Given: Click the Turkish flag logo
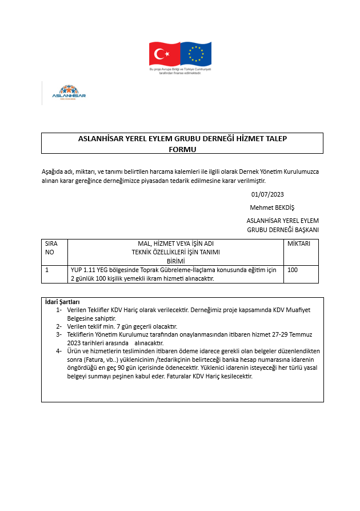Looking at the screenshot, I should (165, 54).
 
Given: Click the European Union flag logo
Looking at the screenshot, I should (196, 54).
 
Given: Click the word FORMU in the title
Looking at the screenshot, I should (182, 149).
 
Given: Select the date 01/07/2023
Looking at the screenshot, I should (267, 195).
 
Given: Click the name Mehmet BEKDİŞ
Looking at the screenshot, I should (272, 207).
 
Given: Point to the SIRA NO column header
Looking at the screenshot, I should (51, 247).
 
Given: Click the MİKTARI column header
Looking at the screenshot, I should (299, 243).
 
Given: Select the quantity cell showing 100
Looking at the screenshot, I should (293, 270).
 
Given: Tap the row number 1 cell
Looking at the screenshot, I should (47, 270).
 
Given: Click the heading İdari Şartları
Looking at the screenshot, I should (62, 302).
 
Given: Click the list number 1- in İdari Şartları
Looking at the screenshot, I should (59, 309).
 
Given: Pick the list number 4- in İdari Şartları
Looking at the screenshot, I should (59, 350).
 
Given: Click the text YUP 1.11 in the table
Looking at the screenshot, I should (82, 270).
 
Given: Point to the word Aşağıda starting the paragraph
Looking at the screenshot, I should (54, 171).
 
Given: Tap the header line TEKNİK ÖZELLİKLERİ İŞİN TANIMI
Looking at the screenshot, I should (175, 252).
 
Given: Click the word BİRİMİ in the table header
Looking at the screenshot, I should (175, 261).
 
